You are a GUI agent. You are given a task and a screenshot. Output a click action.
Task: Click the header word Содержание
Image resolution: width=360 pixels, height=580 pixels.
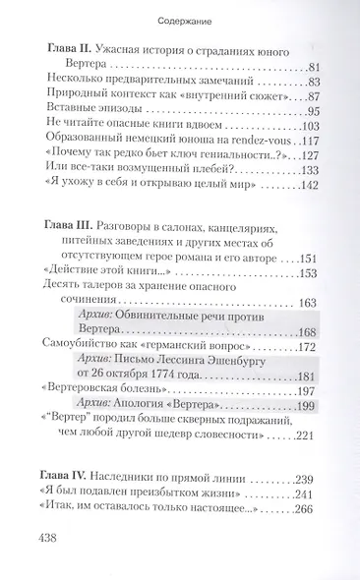[x=180, y=19]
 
